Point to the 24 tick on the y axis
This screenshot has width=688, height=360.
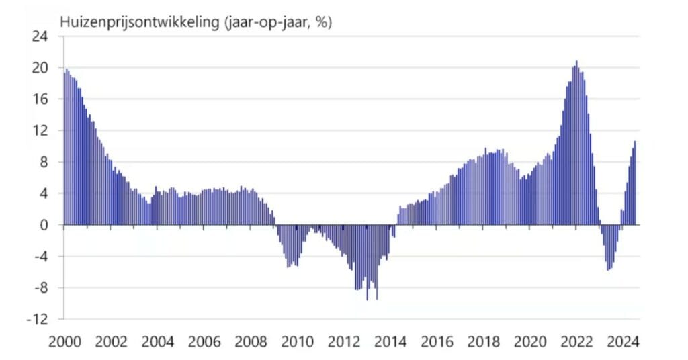point(40,36)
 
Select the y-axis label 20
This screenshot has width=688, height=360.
point(40,68)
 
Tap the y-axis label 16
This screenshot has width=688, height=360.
point(40,99)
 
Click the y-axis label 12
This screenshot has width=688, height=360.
point(40,131)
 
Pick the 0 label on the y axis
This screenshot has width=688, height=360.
point(44,225)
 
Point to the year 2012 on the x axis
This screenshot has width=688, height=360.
point(344,341)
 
